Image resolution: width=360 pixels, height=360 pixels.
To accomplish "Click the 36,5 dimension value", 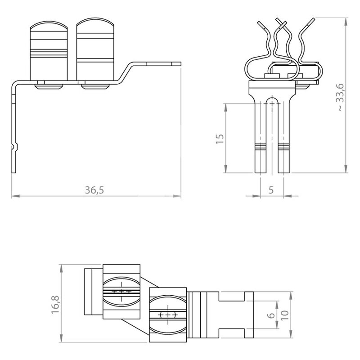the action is coord(94,190).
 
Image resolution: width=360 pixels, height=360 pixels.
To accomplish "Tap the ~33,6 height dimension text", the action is coord(341,97).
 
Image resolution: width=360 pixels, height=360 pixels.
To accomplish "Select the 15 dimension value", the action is coord(220,139).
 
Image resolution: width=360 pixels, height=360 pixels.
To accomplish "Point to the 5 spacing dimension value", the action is coord(271,190).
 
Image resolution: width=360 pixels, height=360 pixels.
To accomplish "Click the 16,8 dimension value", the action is coord(55,305).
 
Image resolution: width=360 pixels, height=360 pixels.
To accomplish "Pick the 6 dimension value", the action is coord(272,315).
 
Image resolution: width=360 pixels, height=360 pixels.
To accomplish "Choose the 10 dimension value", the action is coord(284,315).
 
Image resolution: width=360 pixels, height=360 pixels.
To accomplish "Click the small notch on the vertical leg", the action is coord(16,147).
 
